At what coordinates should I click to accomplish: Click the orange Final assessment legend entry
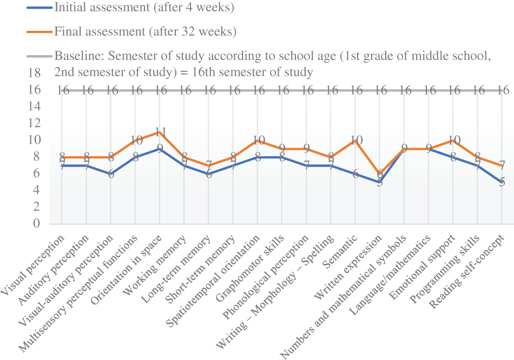point(145,31)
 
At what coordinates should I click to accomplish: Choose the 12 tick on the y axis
point(35,124)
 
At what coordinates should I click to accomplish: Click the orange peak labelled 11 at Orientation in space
point(160,132)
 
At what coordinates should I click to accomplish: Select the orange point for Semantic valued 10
point(356,141)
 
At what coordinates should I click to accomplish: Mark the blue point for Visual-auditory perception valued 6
point(111,174)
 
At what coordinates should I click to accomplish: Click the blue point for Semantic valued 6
point(356,174)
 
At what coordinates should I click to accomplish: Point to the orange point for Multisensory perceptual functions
point(136,141)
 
